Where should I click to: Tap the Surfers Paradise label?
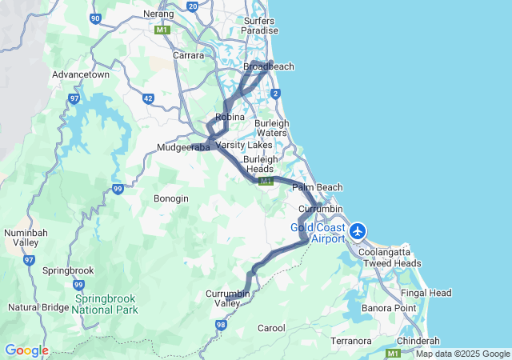coord(260,25)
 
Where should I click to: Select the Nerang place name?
coord(158,14)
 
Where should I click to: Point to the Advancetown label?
coord(80,74)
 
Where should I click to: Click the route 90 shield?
coord(96,18)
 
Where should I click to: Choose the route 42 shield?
coord(148,98)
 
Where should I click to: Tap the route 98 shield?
coord(221,324)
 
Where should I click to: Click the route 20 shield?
coord(192,6)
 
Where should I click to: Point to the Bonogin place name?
coord(171,198)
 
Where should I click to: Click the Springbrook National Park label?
coord(106,304)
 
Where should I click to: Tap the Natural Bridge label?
coord(38,306)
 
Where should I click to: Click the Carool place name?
coord(271,328)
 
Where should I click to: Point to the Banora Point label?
coord(389,308)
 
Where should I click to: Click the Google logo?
coord(26,350)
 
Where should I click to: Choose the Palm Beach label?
coord(317,187)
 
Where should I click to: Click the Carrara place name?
coord(189,55)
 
